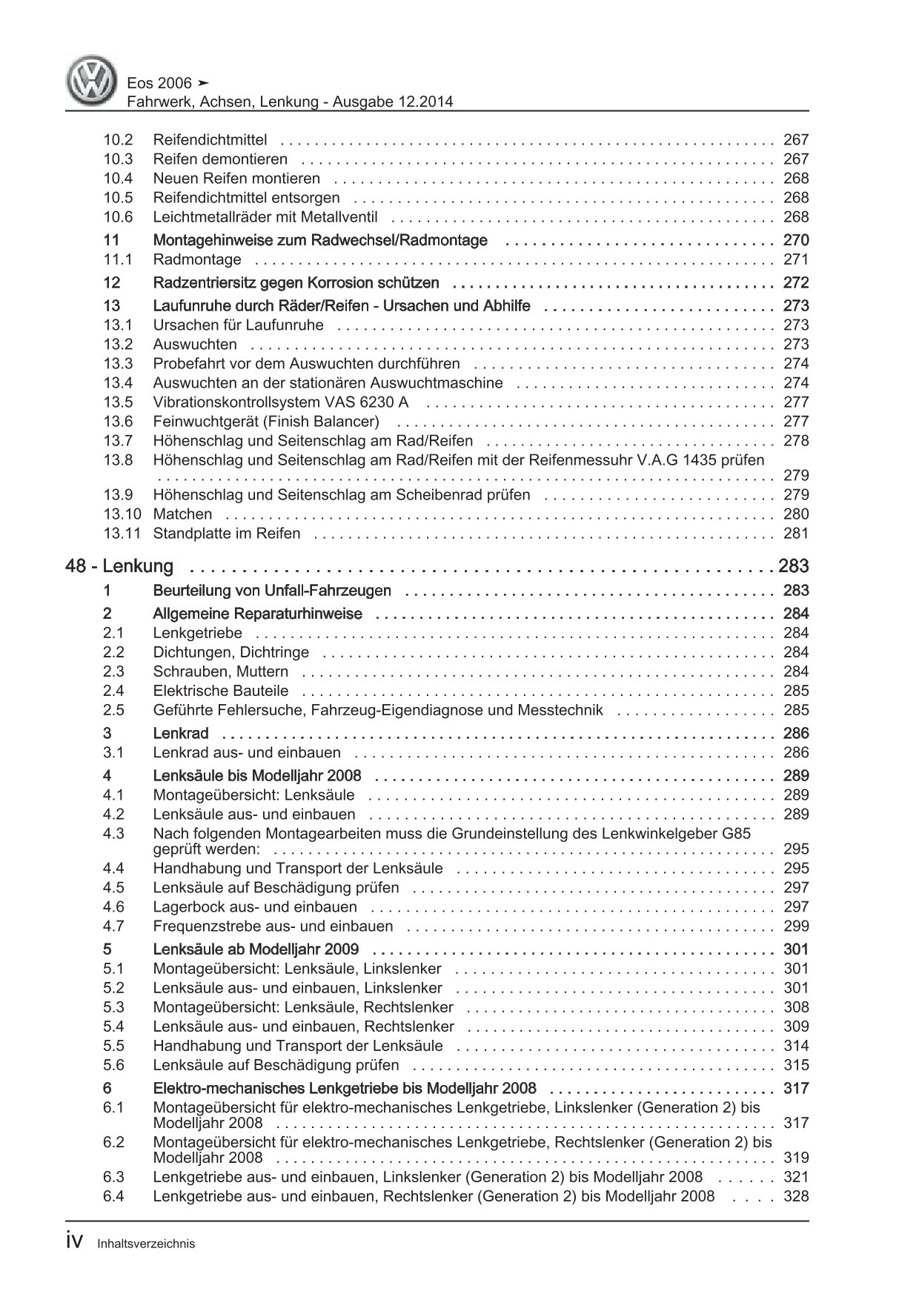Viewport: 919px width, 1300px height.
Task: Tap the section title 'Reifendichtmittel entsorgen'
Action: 246,198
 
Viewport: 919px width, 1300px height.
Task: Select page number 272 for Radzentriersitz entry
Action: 795,283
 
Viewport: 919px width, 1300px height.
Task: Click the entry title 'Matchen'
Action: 182,514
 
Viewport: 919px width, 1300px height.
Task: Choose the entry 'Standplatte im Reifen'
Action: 226,534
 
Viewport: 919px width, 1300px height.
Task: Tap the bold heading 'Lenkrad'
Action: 180,734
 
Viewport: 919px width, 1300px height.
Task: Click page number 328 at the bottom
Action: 795,1196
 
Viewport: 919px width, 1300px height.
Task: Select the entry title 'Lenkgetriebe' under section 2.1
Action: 197,633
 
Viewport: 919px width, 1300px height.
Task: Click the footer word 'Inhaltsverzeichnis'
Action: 146,1244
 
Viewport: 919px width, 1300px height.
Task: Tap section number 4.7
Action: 114,926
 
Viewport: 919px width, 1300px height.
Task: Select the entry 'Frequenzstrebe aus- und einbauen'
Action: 273,926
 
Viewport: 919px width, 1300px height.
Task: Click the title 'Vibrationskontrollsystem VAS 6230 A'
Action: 281,402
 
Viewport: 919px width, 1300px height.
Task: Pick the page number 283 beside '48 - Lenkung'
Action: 794,566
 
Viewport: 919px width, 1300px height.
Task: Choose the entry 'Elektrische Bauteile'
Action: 221,691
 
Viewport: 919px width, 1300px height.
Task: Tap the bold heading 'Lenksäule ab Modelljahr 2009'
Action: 256,949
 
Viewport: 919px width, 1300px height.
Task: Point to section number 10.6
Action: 118,217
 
